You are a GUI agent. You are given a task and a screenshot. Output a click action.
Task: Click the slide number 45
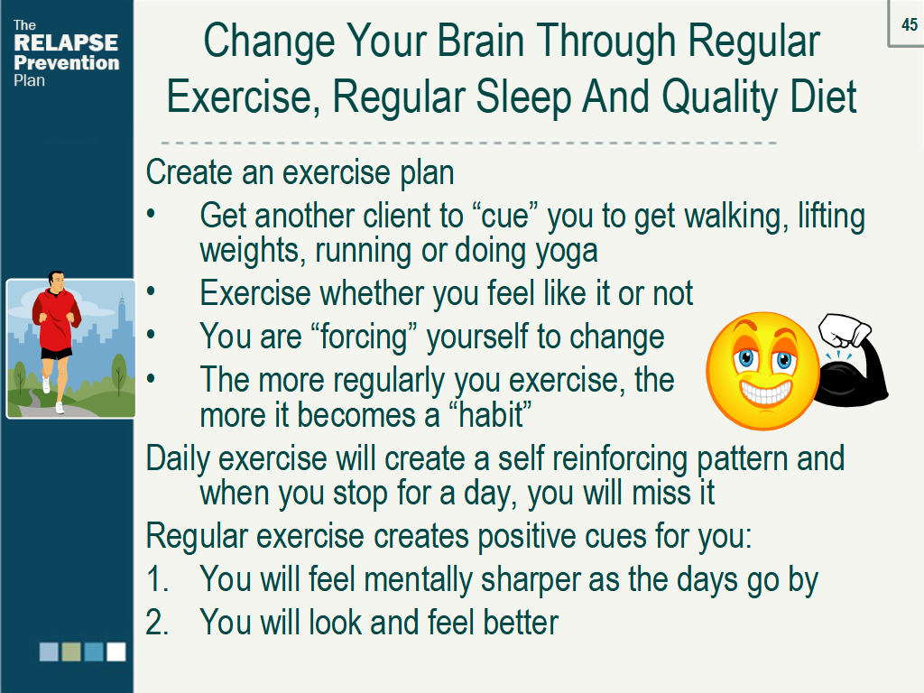click(x=910, y=24)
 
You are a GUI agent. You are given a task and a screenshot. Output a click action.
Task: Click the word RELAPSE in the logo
click(x=66, y=43)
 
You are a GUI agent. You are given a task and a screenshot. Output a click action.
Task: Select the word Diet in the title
click(x=823, y=97)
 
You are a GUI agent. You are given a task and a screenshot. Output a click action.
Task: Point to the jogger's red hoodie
click(x=55, y=319)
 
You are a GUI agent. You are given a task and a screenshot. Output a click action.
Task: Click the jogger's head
click(x=57, y=281)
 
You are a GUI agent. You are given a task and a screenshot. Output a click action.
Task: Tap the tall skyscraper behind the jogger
click(x=122, y=319)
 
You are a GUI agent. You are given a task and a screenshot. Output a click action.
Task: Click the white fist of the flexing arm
click(x=844, y=330)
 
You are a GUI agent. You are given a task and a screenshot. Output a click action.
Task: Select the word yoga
click(x=567, y=251)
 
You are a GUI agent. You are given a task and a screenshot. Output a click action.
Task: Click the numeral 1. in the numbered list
click(x=157, y=578)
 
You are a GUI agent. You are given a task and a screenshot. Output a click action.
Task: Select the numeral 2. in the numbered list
click(x=157, y=622)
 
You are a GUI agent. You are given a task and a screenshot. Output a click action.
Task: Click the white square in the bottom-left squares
click(x=116, y=651)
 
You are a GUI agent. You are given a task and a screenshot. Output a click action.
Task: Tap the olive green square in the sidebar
click(x=71, y=651)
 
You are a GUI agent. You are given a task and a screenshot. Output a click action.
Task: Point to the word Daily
click(x=177, y=459)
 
